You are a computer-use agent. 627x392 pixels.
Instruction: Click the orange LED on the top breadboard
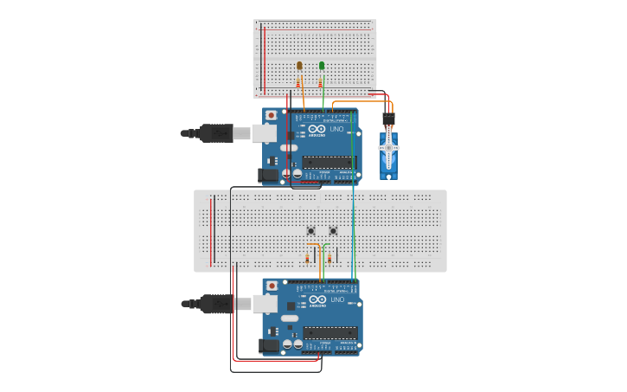click(299, 66)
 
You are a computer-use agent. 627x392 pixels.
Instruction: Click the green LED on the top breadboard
click(322, 66)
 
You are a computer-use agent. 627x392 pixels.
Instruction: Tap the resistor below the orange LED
click(298, 82)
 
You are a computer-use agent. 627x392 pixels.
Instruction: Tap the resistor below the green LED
click(321, 82)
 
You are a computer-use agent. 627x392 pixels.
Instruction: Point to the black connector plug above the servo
click(389, 117)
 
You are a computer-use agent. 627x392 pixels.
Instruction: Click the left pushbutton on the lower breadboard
click(311, 230)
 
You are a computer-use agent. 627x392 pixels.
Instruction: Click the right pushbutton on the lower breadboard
click(333, 230)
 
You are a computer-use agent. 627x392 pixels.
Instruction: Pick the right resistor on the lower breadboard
click(329, 258)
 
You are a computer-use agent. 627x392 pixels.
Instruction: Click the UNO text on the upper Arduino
click(337, 130)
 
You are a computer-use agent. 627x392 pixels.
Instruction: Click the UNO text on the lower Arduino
click(337, 300)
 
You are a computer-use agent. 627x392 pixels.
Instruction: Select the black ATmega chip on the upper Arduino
click(328, 162)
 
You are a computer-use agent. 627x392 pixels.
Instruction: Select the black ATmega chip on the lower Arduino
click(328, 332)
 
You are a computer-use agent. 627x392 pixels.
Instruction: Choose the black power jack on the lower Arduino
click(270, 345)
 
